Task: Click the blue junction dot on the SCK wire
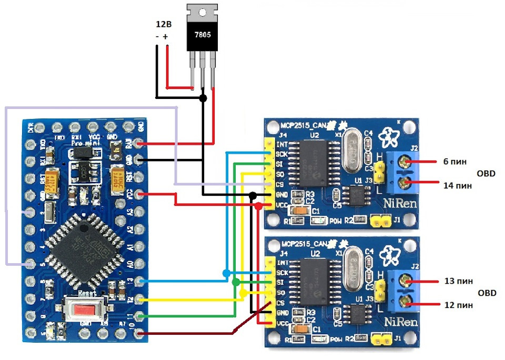(x=226, y=273)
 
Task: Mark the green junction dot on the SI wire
(x=235, y=283)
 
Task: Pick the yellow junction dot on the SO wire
(x=243, y=293)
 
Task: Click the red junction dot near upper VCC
(x=258, y=206)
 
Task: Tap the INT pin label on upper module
(x=282, y=144)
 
